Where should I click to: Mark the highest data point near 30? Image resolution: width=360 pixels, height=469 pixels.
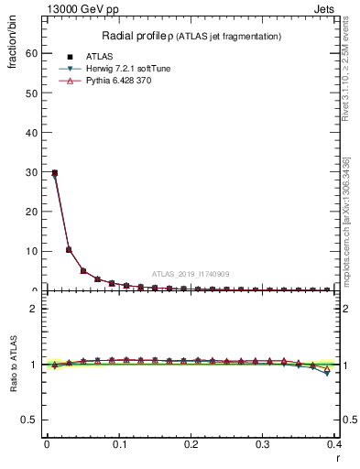tap(55, 172)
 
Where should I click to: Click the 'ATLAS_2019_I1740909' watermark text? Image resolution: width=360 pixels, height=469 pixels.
tap(191, 274)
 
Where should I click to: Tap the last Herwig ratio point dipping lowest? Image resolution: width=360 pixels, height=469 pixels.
tap(327, 373)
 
